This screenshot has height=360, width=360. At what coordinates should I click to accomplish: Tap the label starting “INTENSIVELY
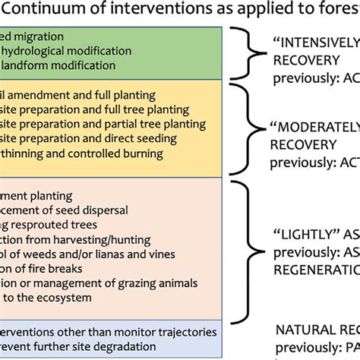point(314,43)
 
